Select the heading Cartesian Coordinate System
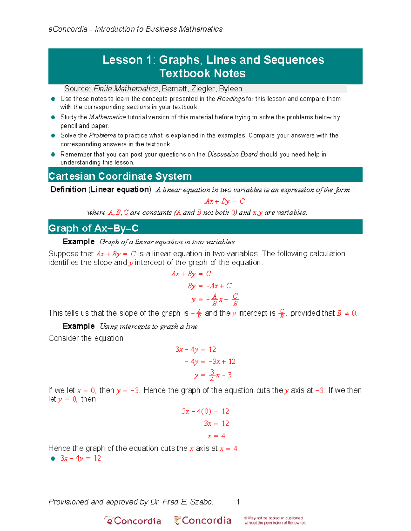click(x=120, y=176)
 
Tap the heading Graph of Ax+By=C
click(x=93, y=228)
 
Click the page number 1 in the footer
click(x=238, y=502)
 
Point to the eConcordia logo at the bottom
click(x=133, y=520)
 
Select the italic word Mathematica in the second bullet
click(x=108, y=117)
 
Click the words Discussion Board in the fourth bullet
click(x=232, y=154)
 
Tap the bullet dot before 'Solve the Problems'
click(x=53, y=136)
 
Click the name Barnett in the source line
click(x=174, y=89)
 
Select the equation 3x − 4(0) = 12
click(x=205, y=411)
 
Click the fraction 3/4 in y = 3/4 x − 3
click(x=212, y=375)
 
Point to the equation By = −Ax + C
click(x=209, y=286)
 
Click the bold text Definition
click(x=68, y=189)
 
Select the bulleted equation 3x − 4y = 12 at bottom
click(x=80, y=458)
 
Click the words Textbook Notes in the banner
click(x=202, y=73)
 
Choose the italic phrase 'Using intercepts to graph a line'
click(x=148, y=326)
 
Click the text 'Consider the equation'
click(x=86, y=338)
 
